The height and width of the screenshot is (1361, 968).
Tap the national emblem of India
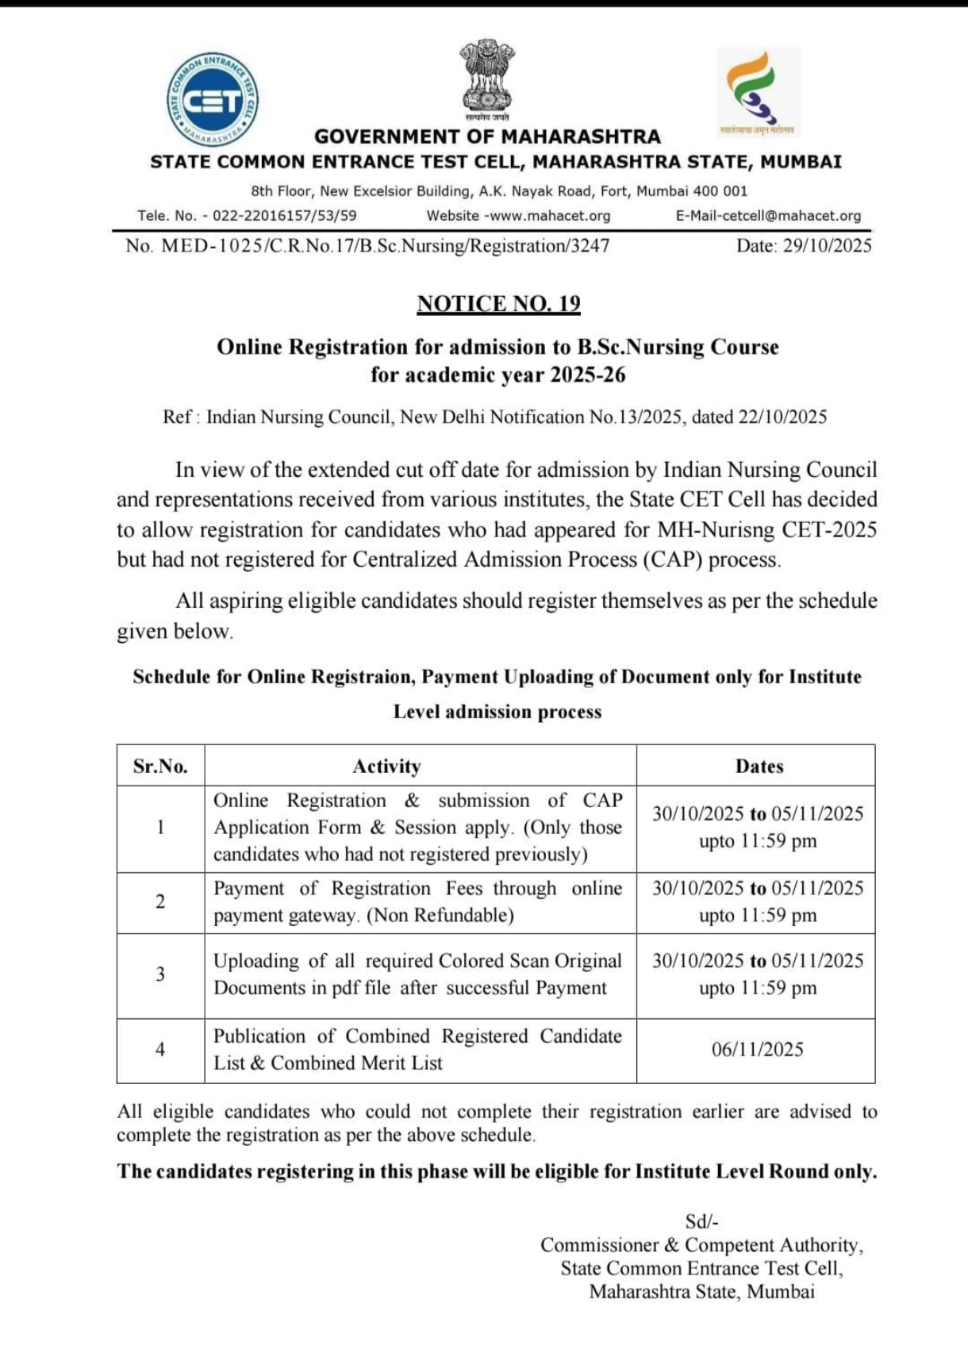(x=486, y=76)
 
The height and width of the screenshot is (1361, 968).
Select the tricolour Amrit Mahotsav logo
(x=758, y=91)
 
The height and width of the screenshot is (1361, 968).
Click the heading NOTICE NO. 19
(x=498, y=304)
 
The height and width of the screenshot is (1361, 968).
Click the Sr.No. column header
(x=160, y=766)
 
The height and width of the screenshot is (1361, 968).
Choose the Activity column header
(x=386, y=766)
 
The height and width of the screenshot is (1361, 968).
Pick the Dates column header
(x=759, y=766)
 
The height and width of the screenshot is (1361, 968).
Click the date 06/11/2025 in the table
(x=757, y=1049)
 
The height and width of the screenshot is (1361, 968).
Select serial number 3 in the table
(x=160, y=975)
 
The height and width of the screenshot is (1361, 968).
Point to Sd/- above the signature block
(x=701, y=1221)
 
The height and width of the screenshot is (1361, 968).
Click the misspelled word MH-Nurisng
(x=716, y=529)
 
